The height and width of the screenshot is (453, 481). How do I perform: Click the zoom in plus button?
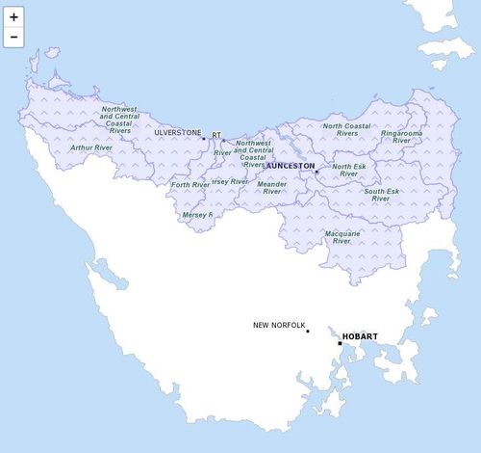coord(13,17)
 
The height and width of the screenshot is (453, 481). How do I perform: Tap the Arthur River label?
coord(91,148)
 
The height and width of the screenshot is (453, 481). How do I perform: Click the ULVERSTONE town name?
coord(178,132)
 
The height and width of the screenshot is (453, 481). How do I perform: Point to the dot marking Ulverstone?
coord(203,139)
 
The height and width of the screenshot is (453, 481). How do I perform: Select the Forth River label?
coord(190,184)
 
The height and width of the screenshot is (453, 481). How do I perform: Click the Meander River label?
coord(272,187)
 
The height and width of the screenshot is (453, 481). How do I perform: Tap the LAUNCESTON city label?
coord(284,166)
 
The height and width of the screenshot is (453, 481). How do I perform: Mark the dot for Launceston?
coord(316,172)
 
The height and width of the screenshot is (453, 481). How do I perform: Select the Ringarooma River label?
coord(401,136)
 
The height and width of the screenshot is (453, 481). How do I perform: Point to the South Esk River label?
coord(381,195)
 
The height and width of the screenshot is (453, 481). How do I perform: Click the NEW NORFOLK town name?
coord(278,325)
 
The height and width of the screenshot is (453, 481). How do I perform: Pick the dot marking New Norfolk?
coord(308,331)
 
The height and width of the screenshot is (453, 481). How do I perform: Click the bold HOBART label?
coord(360,336)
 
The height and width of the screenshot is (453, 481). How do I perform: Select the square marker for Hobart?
coord(340,343)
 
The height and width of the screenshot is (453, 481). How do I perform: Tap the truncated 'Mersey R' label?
coord(196,215)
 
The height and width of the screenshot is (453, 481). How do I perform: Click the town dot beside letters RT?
coord(224,140)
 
